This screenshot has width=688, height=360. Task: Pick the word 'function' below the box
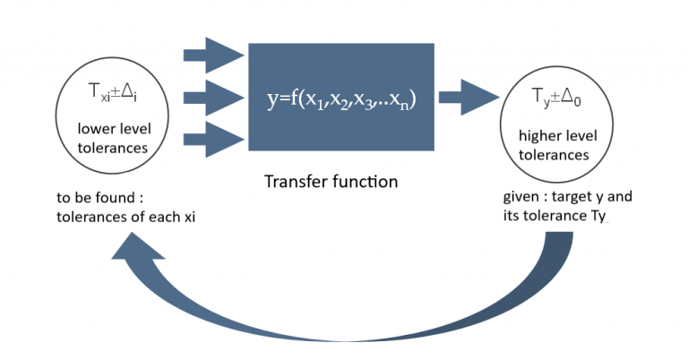click(x=364, y=182)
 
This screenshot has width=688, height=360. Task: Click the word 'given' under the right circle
click(x=519, y=197)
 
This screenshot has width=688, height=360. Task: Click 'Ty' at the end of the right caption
click(x=598, y=216)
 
